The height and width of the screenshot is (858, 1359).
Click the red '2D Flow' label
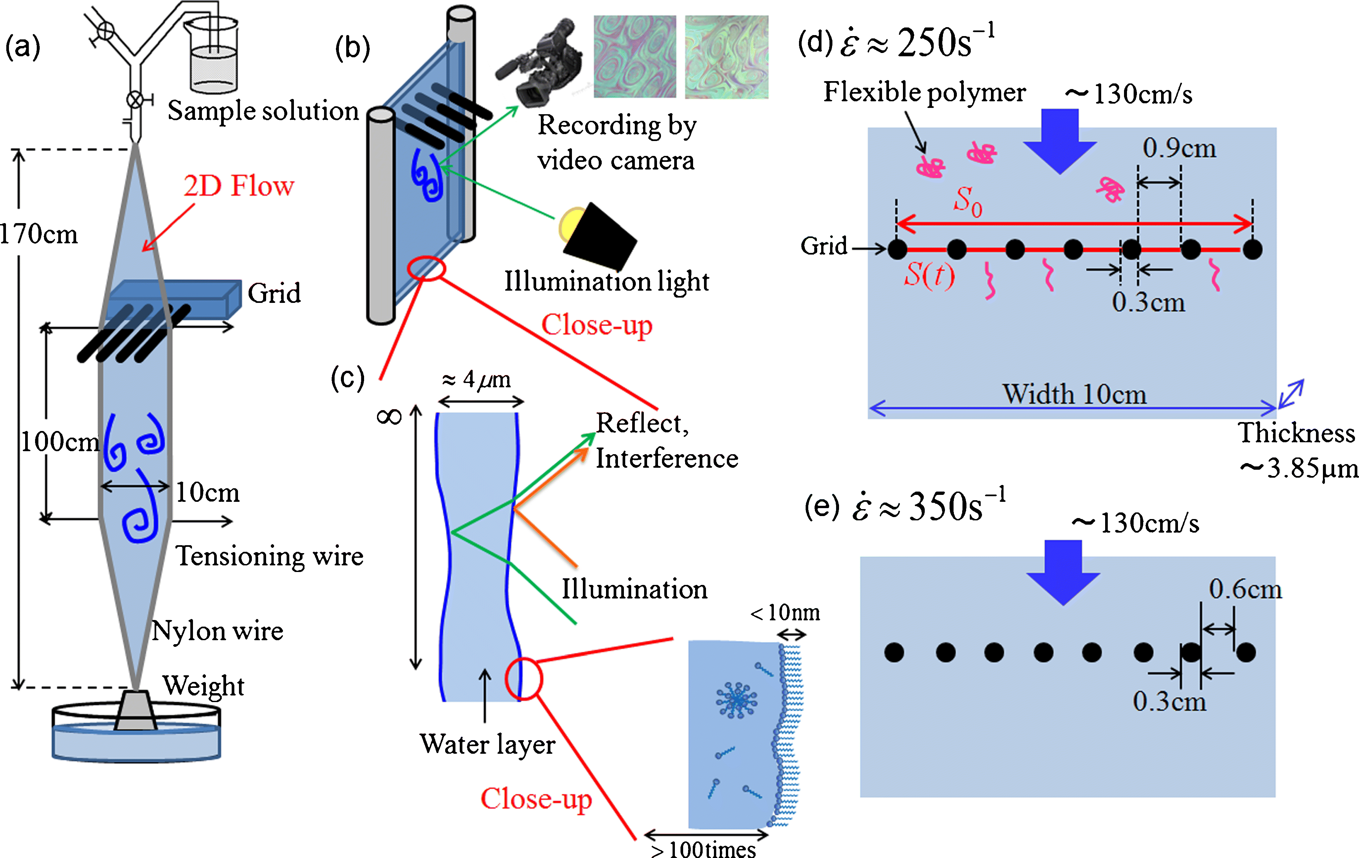239,186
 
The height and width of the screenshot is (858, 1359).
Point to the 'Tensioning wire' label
269,556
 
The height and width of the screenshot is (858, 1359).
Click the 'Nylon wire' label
217,631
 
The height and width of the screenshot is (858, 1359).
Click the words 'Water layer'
487,744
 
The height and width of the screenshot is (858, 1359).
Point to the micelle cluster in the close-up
736,700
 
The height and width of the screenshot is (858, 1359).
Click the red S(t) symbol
929,275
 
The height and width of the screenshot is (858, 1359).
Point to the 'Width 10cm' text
1074,394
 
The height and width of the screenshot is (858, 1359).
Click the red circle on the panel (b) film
427,268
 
